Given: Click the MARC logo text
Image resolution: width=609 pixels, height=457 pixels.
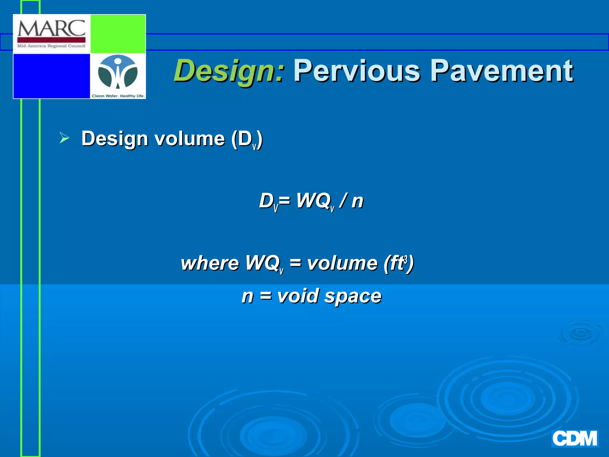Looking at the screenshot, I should click(51, 29).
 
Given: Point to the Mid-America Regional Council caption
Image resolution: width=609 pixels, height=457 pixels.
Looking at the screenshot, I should click(51, 46).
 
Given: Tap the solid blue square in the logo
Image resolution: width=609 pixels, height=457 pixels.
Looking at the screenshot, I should click(52, 76).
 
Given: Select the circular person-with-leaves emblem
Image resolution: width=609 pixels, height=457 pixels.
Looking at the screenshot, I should click(118, 72).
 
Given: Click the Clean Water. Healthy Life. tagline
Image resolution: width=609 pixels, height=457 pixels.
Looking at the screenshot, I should click(118, 96).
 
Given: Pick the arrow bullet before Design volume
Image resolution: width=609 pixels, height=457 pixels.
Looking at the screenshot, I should click(64, 138).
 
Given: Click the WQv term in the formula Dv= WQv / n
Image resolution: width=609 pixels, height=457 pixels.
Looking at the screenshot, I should click(315, 201).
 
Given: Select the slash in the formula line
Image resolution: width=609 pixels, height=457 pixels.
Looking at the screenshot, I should click(343, 201).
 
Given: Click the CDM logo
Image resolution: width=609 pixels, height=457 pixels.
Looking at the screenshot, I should click(575, 438).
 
